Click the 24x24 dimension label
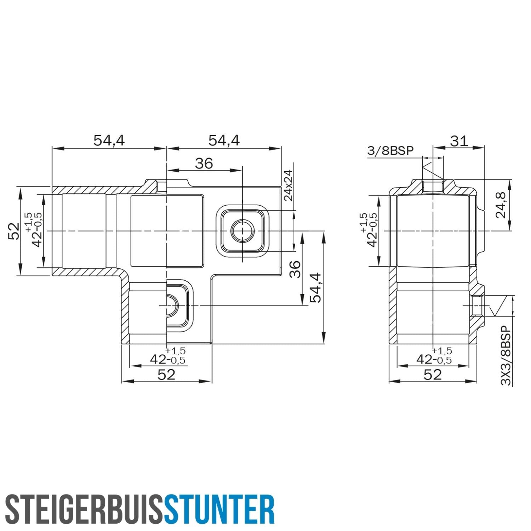[289, 185]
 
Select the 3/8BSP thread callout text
[390, 151]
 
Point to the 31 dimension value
[459, 141]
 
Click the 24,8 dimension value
[501, 205]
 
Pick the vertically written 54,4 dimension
[315, 287]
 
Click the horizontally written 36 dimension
[204, 164]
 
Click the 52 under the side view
[433, 375]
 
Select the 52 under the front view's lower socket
[166, 375]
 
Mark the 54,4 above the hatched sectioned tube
[109, 141]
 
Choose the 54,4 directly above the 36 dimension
[224, 141]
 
